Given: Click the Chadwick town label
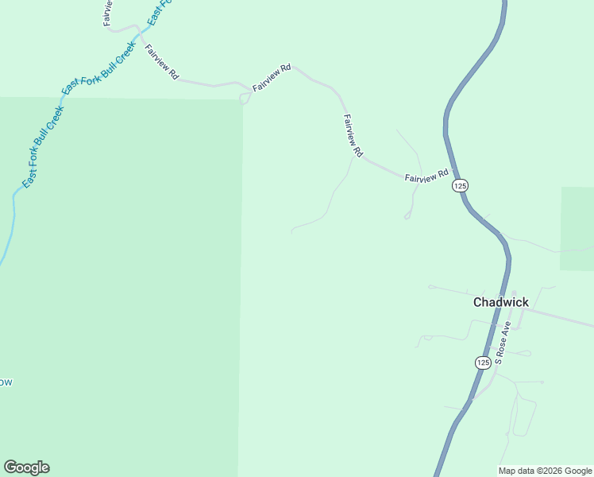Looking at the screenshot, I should pyautogui.click(x=500, y=302).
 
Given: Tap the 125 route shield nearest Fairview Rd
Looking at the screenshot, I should pyautogui.click(x=461, y=185).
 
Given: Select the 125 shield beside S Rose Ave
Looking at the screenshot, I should pyautogui.click(x=483, y=363).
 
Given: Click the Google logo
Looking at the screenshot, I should pyautogui.click(x=26, y=467).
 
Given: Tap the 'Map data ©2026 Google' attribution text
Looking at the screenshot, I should pyautogui.click(x=546, y=471).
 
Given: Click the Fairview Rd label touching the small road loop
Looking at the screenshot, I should pyautogui.click(x=272, y=78).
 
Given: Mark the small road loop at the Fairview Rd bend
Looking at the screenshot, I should pyautogui.click(x=244, y=99).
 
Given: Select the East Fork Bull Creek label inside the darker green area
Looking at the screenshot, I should pyautogui.click(x=41, y=147).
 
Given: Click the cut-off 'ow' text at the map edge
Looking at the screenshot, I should pyautogui.click(x=5, y=382).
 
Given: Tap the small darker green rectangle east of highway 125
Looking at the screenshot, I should pyautogui.click(x=577, y=228).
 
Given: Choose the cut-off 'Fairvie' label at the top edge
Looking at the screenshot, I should pyautogui.click(x=108, y=12).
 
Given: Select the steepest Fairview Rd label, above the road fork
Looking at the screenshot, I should pyautogui.click(x=353, y=135).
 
